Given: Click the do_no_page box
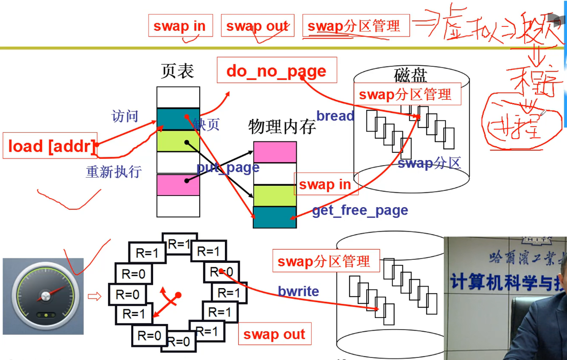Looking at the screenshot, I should [276, 71].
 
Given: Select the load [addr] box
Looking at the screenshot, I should [50, 146].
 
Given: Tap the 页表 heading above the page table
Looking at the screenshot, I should [177, 71].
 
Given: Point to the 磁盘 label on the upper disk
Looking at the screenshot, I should [410, 75].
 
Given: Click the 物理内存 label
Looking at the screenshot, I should [282, 126].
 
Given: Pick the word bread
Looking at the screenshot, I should [335, 116].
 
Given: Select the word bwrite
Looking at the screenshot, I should [298, 291].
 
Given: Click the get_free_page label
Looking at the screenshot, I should [360, 210].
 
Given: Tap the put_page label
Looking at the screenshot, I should [228, 168].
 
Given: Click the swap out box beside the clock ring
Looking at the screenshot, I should [274, 334].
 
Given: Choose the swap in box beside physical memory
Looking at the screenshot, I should [325, 184].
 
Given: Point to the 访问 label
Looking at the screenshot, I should [125, 116].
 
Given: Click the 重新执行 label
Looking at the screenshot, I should [114, 172].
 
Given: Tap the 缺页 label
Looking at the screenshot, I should [206, 125].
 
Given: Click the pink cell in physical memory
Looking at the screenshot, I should [275, 152].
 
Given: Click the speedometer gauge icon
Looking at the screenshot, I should [43, 296].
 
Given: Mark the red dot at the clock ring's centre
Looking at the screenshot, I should [178, 295].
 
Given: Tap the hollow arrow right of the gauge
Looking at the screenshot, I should [94, 296].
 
